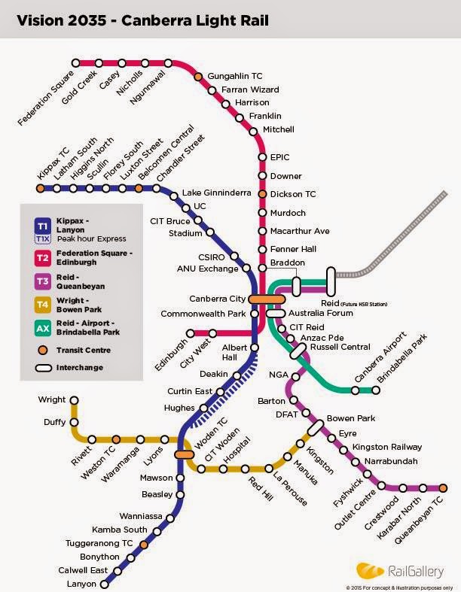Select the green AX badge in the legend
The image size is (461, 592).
pyautogui.click(x=42, y=328)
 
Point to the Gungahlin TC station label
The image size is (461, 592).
pyautogui.click(x=235, y=77)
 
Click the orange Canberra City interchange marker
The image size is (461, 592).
pyautogui.click(x=262, y=299)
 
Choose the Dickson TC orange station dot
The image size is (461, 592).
pyautogui.click(x=262, y=194)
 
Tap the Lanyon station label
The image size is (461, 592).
pyautogui.click(x=82, y=584)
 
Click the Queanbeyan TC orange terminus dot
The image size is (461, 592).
pyautogui.click(x=444, y=487)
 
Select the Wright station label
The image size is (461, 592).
pyautogui.click(x=52, y=399)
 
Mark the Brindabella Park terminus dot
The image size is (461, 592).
pyautogui.click(x=376, y=390)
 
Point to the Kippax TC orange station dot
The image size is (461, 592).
pyautogui.click(x=40, y=188)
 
